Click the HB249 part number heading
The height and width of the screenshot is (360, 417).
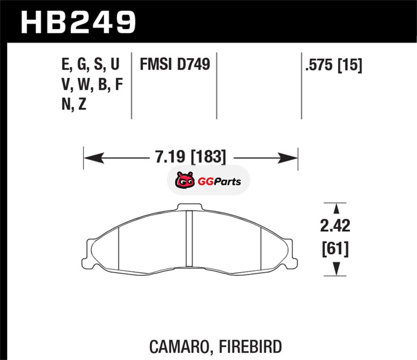click(79, 23)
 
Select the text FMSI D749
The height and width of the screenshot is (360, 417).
click(175, 65)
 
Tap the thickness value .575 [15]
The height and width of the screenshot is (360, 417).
click(334, 65)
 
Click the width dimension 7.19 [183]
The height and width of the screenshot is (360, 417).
click(190, 156)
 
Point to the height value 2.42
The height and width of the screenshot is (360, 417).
click(335, 226)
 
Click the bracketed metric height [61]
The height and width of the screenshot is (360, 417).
click(335, 249)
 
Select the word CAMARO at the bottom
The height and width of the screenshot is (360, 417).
click(180, 346)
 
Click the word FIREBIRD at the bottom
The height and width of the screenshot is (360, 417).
click(250, 346)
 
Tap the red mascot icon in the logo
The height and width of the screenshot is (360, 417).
click(185, 180)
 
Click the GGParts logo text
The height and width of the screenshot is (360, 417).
click(219, 182)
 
